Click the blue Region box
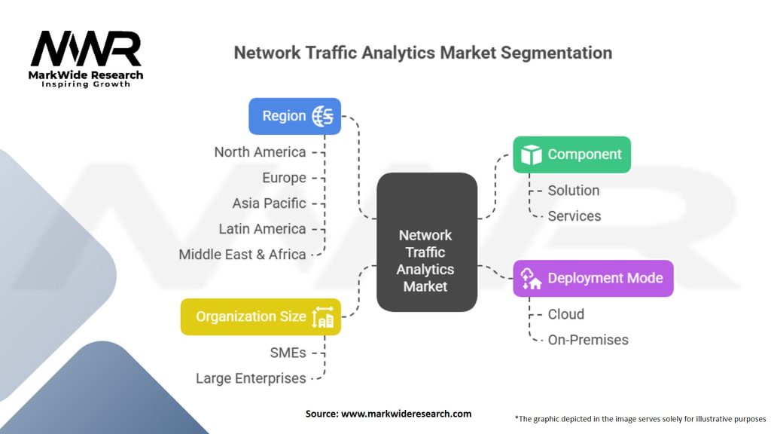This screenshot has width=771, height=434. pyautogui.click(x=294, y=116)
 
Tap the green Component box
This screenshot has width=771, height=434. pyautogui.click(x=571, y=154)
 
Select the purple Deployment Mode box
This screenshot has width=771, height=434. pyautogui.click(x=593, y=278)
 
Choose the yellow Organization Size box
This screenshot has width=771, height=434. pyautogui.click(x=261, y=316)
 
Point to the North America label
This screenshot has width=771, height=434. pyautogui.click(x=260, y=152)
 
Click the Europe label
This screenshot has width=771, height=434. pyautogui.click(x=284, y=178)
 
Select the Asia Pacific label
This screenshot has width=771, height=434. pyautogui.click(x=269, y=203)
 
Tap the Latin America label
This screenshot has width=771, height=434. pyautogui.click(x=262, y=229)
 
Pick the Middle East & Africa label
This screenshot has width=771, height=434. pyautogui.click(x=242, y=255)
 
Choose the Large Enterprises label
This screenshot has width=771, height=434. pyautogui.click(x=251, y=378)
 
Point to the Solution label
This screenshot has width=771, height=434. pyautogui.click(x=574, y=191)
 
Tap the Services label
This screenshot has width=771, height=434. pyautogui.click(x=574, y=216)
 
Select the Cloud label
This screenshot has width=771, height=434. pyautogui.click(x=566, y=314)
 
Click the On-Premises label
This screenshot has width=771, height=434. pyautogui.click(x=588, y=340)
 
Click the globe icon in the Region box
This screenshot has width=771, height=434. pyautogui.click(x=323, y=116)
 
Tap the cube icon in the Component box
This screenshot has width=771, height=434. pyautogui.click(x=532, y=154)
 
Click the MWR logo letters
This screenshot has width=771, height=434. pyautogui.click(x=85, y=49)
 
